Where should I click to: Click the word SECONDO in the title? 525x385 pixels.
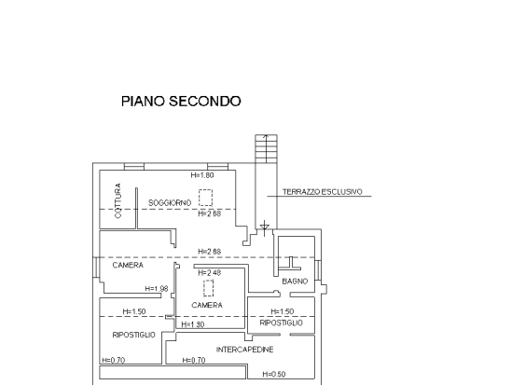[x=205, y=101]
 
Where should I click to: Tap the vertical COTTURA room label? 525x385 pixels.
[x=117, y=200]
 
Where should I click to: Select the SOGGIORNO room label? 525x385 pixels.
[x=170, y=203]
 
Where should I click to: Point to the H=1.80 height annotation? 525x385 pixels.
[x=202, y=175]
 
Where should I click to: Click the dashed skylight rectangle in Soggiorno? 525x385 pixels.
[x=205, y=198]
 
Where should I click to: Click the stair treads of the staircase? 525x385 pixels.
[x=266, y=148]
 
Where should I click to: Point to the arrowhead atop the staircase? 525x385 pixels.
[x=266, y=136]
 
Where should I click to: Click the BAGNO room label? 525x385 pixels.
[x=295, y=282]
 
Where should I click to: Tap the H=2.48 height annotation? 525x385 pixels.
[x=210, y=273]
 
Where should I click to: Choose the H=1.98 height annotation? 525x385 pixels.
[x=157, y=289]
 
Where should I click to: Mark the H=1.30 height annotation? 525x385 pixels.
[x=193, y=324]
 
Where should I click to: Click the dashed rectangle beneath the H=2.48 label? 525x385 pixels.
[x=208, y=288]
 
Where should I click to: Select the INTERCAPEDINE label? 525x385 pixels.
[x=244, y=350]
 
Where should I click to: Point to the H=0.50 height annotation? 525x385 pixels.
[x=274, y=375]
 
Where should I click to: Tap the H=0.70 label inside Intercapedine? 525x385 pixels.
[x=194, y=360]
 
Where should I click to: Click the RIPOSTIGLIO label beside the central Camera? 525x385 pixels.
[x=282, y=323]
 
